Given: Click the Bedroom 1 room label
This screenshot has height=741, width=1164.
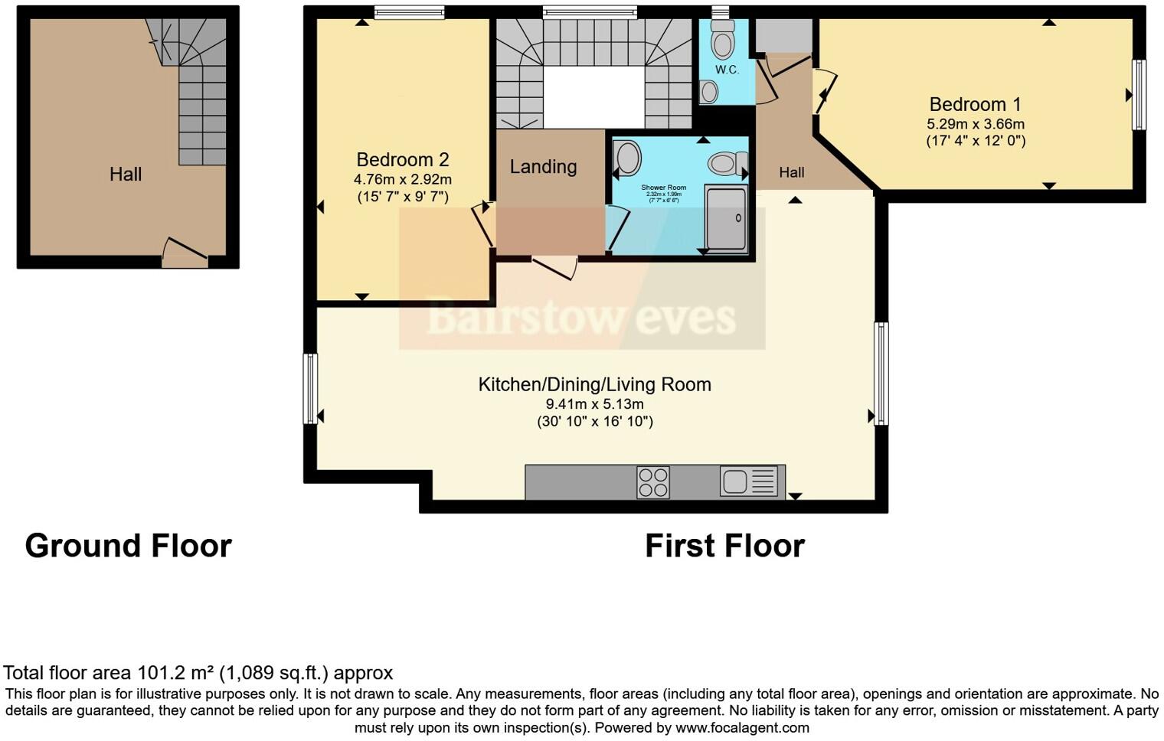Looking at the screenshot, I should point(975,104).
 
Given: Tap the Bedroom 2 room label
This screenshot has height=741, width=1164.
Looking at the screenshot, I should point(402,159).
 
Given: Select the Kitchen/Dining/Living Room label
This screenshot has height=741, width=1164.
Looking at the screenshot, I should point(594,384).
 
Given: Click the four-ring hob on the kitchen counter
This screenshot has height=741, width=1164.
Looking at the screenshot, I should point(652,482).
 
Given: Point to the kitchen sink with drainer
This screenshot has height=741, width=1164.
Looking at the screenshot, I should point(748,481).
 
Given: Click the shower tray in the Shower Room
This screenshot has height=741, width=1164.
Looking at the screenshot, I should point(725,219).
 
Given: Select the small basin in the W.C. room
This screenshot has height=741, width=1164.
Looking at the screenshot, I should point(709,92).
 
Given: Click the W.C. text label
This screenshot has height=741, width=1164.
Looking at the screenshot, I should point(727,70).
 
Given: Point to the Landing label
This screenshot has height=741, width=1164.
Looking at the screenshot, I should point(543,166).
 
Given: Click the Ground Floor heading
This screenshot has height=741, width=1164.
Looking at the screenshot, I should point(128,546).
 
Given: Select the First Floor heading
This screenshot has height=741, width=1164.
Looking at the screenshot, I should point(724,546).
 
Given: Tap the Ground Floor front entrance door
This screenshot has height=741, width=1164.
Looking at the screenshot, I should point(185,256).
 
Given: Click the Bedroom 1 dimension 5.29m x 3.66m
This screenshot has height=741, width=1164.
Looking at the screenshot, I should point(975,124).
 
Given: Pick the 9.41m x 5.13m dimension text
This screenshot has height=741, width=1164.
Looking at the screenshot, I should point(594,404).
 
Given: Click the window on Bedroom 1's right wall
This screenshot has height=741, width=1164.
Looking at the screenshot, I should point(1139,95).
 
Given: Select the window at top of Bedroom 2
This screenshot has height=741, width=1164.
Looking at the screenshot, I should point(409,12).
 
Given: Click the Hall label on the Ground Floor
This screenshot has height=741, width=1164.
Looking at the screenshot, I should point(126,175).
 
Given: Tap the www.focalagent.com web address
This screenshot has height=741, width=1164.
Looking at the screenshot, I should point(742,727).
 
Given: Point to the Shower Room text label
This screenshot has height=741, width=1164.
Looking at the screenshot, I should point(663,187).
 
